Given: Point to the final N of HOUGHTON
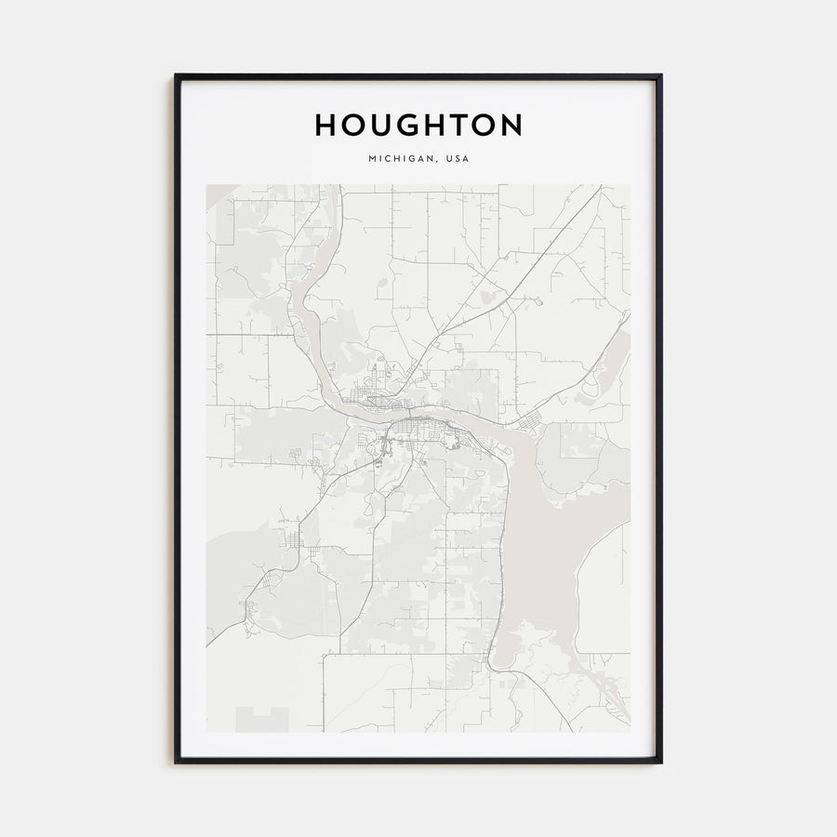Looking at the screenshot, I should coord(511,125).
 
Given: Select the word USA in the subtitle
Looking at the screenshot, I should coord(458,159).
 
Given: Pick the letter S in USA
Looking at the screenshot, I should coord(458,159).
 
